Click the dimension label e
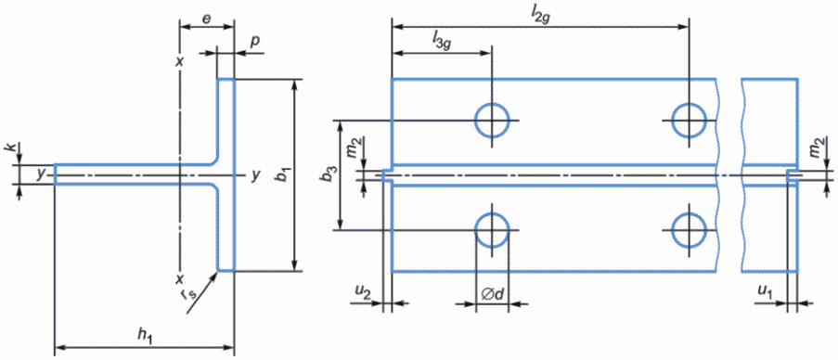tap(207, 19)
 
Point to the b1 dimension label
tap(281, 175)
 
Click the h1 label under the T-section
tap(145, 336)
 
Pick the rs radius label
tap(198, 293)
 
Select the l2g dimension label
tap(540, 17)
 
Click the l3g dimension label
tap(442, 41)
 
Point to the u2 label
tap(362, 291)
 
